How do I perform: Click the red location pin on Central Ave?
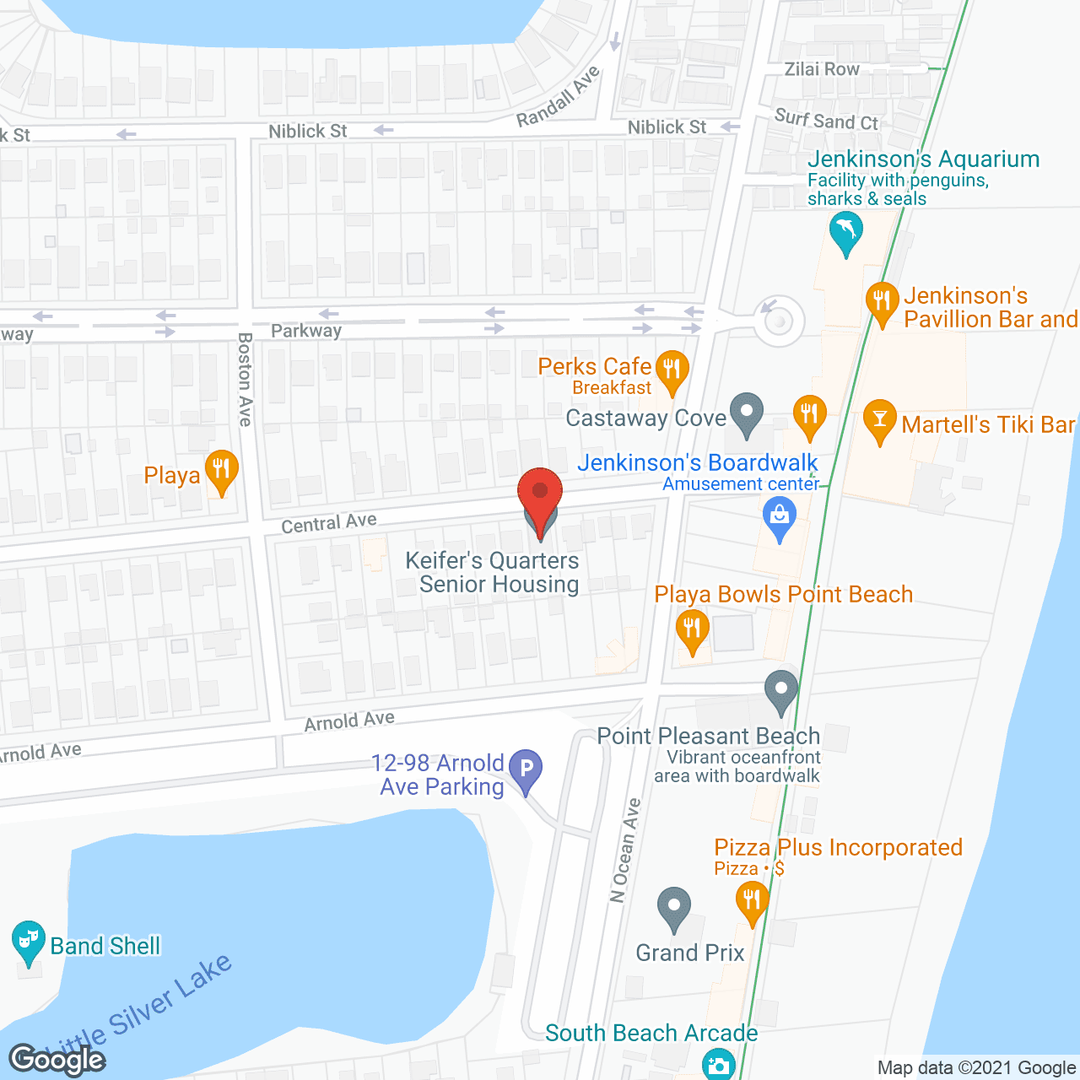pos(540,494)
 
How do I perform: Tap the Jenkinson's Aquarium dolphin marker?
pos(845,231)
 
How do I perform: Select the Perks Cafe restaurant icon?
pos(672,370)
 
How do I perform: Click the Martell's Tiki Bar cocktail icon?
pos(879,419)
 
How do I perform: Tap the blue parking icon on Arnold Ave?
pos(526,769)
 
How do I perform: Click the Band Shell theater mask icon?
pos(28,940)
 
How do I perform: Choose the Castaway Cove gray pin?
pos(746,413)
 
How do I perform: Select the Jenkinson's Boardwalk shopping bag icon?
pos(779,516)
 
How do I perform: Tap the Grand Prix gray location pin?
pos(673,908)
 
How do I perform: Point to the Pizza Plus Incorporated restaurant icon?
pos(751,900)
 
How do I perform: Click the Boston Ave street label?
pos(245,379)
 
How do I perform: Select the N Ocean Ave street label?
pos(625,850)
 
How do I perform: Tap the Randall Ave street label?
pos(559,96)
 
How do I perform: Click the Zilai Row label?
pos(822,69)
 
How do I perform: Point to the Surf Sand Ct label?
pos(826,121)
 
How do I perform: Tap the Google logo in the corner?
pos(57,1059)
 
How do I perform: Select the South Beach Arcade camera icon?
pos(718,1065)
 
